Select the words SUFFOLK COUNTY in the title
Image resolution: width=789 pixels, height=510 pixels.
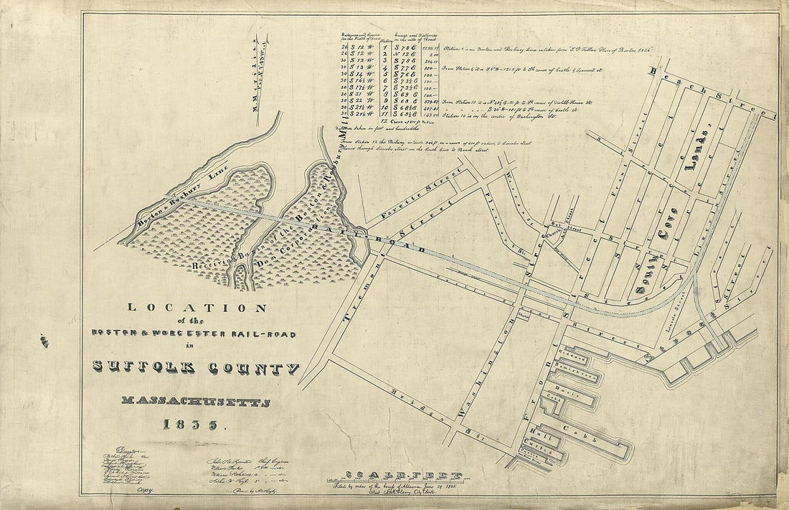[x=196, y=367]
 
